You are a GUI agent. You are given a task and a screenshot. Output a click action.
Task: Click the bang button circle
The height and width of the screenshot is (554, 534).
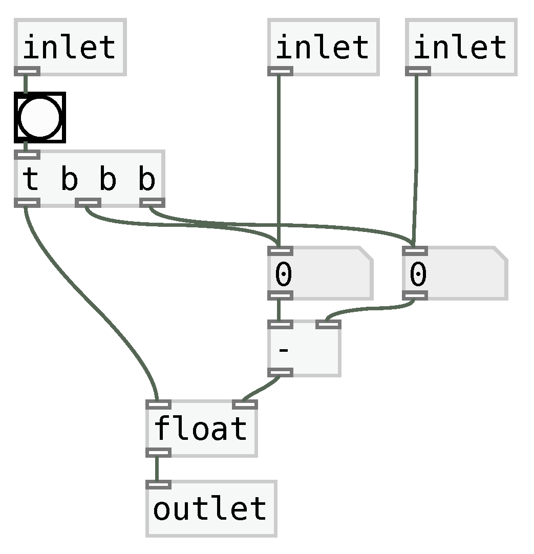point(40,117)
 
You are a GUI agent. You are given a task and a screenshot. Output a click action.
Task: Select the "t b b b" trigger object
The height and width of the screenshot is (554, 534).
point(89,179)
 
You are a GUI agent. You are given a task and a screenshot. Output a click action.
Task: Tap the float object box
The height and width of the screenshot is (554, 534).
point(201,428)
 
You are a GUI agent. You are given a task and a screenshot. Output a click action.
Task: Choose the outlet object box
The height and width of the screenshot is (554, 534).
point(211,508)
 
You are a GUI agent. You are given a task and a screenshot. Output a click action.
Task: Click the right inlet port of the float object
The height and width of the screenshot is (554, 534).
point(245,404)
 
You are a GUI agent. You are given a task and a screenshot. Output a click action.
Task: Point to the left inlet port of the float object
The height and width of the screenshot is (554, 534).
point(159,404)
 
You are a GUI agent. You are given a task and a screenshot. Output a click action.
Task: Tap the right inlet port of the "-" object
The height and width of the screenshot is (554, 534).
point(328,324)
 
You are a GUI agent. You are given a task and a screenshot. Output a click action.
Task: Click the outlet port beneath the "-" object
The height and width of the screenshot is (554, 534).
point(280,372)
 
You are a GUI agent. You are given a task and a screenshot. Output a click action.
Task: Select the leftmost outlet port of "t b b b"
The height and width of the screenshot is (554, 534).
point(27,203)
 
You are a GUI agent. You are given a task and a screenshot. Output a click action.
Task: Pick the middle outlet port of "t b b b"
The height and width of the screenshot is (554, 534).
point(88,203)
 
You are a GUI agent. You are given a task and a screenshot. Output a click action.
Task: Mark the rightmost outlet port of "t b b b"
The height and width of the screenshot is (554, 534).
point(153,203)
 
